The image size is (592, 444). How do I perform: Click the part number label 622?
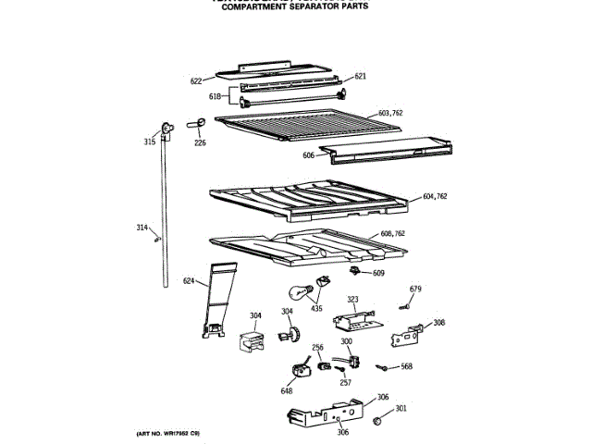coord(196,81)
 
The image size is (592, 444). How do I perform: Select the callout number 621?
coord(360,76)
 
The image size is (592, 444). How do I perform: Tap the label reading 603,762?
coord(390,114)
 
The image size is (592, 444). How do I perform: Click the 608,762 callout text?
coord(393,234)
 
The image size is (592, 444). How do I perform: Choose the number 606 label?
coord(308,155)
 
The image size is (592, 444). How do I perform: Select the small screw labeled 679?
coord(404,306)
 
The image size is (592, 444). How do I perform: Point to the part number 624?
coord(189,281)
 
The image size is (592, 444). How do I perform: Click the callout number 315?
coord(150,142)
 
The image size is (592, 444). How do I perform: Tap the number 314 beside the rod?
coord(142,227)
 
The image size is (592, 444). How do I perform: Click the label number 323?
coord(352,300)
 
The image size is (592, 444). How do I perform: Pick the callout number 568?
coord(406,366)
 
